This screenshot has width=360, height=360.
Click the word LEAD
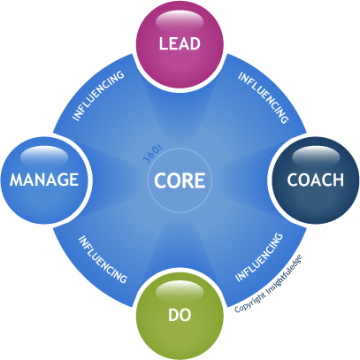coord(180,43)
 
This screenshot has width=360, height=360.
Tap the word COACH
coord(316,180)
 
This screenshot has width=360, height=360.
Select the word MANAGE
coord(44,180)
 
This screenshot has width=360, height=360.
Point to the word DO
coord(180,315)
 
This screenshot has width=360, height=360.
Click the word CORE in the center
coord(180,180)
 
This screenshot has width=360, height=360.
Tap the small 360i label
coord(152,154)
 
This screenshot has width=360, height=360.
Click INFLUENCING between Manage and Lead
coord(98,96)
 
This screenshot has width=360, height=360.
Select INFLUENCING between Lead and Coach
coord(263,97)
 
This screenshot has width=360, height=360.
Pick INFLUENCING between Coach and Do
coord(259,257)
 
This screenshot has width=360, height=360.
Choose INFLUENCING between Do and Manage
coord(103,259)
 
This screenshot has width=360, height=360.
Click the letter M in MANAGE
coord(16,180)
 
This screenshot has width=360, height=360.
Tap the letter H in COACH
coord(339,180)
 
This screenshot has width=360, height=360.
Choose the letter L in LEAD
coord(163,43)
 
